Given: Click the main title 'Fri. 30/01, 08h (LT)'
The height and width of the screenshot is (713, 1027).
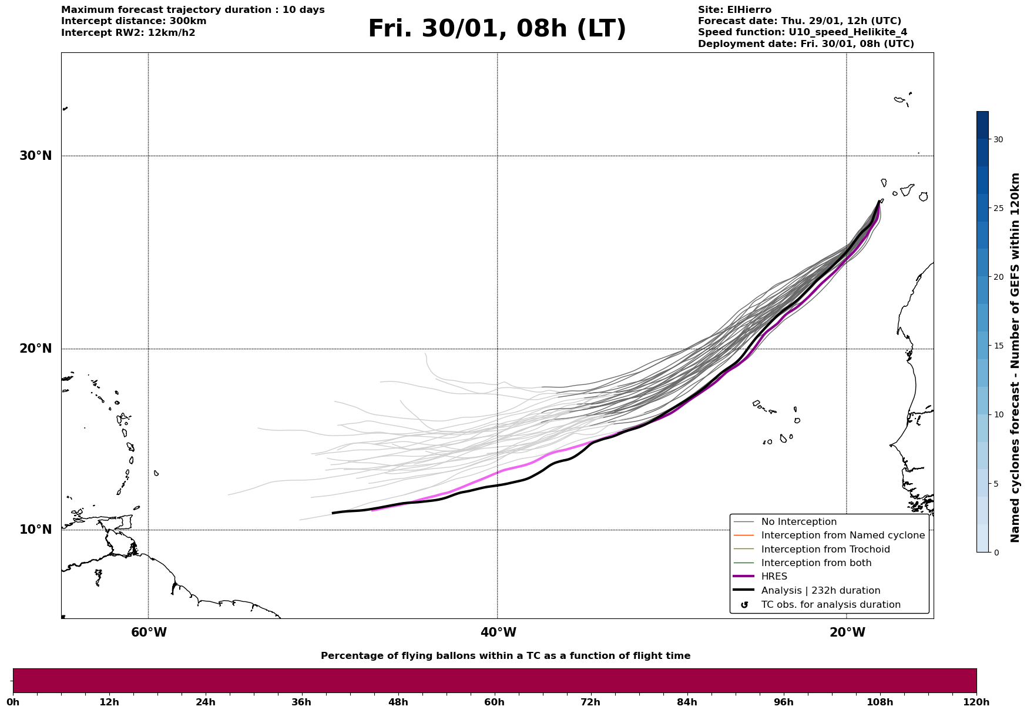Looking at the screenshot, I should pos(497,29).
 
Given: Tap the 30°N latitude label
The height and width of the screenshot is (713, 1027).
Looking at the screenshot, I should pos(36,156).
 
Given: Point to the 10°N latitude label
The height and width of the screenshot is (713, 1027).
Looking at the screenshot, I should pos(36,530).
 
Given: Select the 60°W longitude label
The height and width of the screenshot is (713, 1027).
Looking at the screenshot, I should pos(149,632).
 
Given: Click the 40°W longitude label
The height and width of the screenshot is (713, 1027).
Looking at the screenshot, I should pos(498,632).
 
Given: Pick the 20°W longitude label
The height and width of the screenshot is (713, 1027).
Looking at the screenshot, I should pos(847,632).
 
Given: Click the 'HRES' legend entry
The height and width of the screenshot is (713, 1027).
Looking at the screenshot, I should pos(774,577).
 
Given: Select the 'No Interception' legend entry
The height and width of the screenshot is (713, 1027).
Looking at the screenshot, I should pos(798,522).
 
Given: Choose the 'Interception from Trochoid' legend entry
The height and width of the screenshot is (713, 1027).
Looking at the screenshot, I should pos(825,550).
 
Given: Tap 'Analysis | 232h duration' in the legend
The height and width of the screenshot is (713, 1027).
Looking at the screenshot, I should pos(820,591).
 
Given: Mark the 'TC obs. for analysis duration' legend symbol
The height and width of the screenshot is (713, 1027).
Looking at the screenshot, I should pos(744,605).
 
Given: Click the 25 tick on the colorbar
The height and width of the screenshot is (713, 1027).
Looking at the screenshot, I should pos(998,208).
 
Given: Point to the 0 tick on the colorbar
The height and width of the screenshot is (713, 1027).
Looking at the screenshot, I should pos(995,553).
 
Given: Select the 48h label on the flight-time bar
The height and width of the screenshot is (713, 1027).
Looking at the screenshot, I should pos(398,702).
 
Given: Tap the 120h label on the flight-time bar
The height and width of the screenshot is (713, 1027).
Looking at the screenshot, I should pos(976,702).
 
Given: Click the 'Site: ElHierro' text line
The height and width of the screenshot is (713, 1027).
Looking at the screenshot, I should pos(734,10).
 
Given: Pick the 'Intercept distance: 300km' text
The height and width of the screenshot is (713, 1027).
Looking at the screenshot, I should pos(133,21).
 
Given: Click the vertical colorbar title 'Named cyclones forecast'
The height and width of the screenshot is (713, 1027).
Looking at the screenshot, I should pos(1015,357).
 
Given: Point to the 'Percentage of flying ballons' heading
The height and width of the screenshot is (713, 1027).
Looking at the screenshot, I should pos(505,656).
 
